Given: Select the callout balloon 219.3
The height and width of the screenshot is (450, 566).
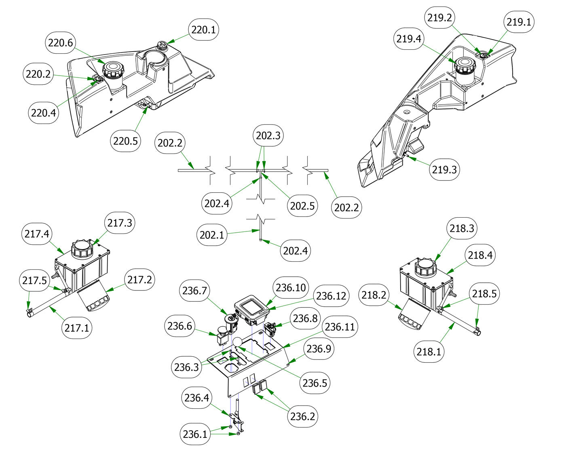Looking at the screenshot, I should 444,169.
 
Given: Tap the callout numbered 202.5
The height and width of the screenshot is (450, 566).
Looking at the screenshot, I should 302,206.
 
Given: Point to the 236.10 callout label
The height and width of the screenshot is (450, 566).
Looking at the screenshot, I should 291,288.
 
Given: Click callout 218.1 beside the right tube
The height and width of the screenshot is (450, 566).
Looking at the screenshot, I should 429,351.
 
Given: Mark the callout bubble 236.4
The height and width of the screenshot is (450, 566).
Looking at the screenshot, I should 196,398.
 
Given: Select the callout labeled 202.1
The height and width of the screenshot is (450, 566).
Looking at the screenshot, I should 212,235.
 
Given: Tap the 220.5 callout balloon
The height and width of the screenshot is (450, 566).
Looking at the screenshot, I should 125,141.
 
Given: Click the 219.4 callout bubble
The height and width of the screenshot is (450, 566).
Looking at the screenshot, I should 409,39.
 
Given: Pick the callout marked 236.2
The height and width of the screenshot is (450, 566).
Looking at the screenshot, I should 302,416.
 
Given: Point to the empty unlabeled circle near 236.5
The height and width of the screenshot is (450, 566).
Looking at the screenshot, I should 237,342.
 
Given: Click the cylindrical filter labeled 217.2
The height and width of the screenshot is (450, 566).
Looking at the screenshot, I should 94,298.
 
